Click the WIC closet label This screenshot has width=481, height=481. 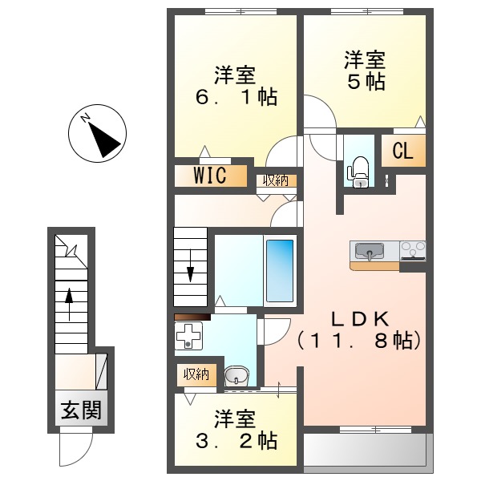[209, 176]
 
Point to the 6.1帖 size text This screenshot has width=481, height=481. [236, 98]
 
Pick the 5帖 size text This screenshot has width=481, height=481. [366, 82]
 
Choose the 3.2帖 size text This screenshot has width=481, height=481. [236, 440]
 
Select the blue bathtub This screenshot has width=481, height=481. [279, 272]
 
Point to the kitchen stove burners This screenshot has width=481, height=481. [414, 251]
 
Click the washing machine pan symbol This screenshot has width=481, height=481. [191, 337]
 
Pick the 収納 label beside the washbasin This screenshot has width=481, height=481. [196, 374]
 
